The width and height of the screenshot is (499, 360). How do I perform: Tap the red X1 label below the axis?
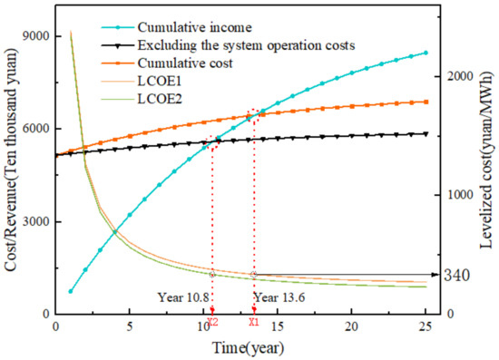254,322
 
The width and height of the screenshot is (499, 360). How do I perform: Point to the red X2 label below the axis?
212,322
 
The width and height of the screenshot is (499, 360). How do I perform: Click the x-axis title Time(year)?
242,346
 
